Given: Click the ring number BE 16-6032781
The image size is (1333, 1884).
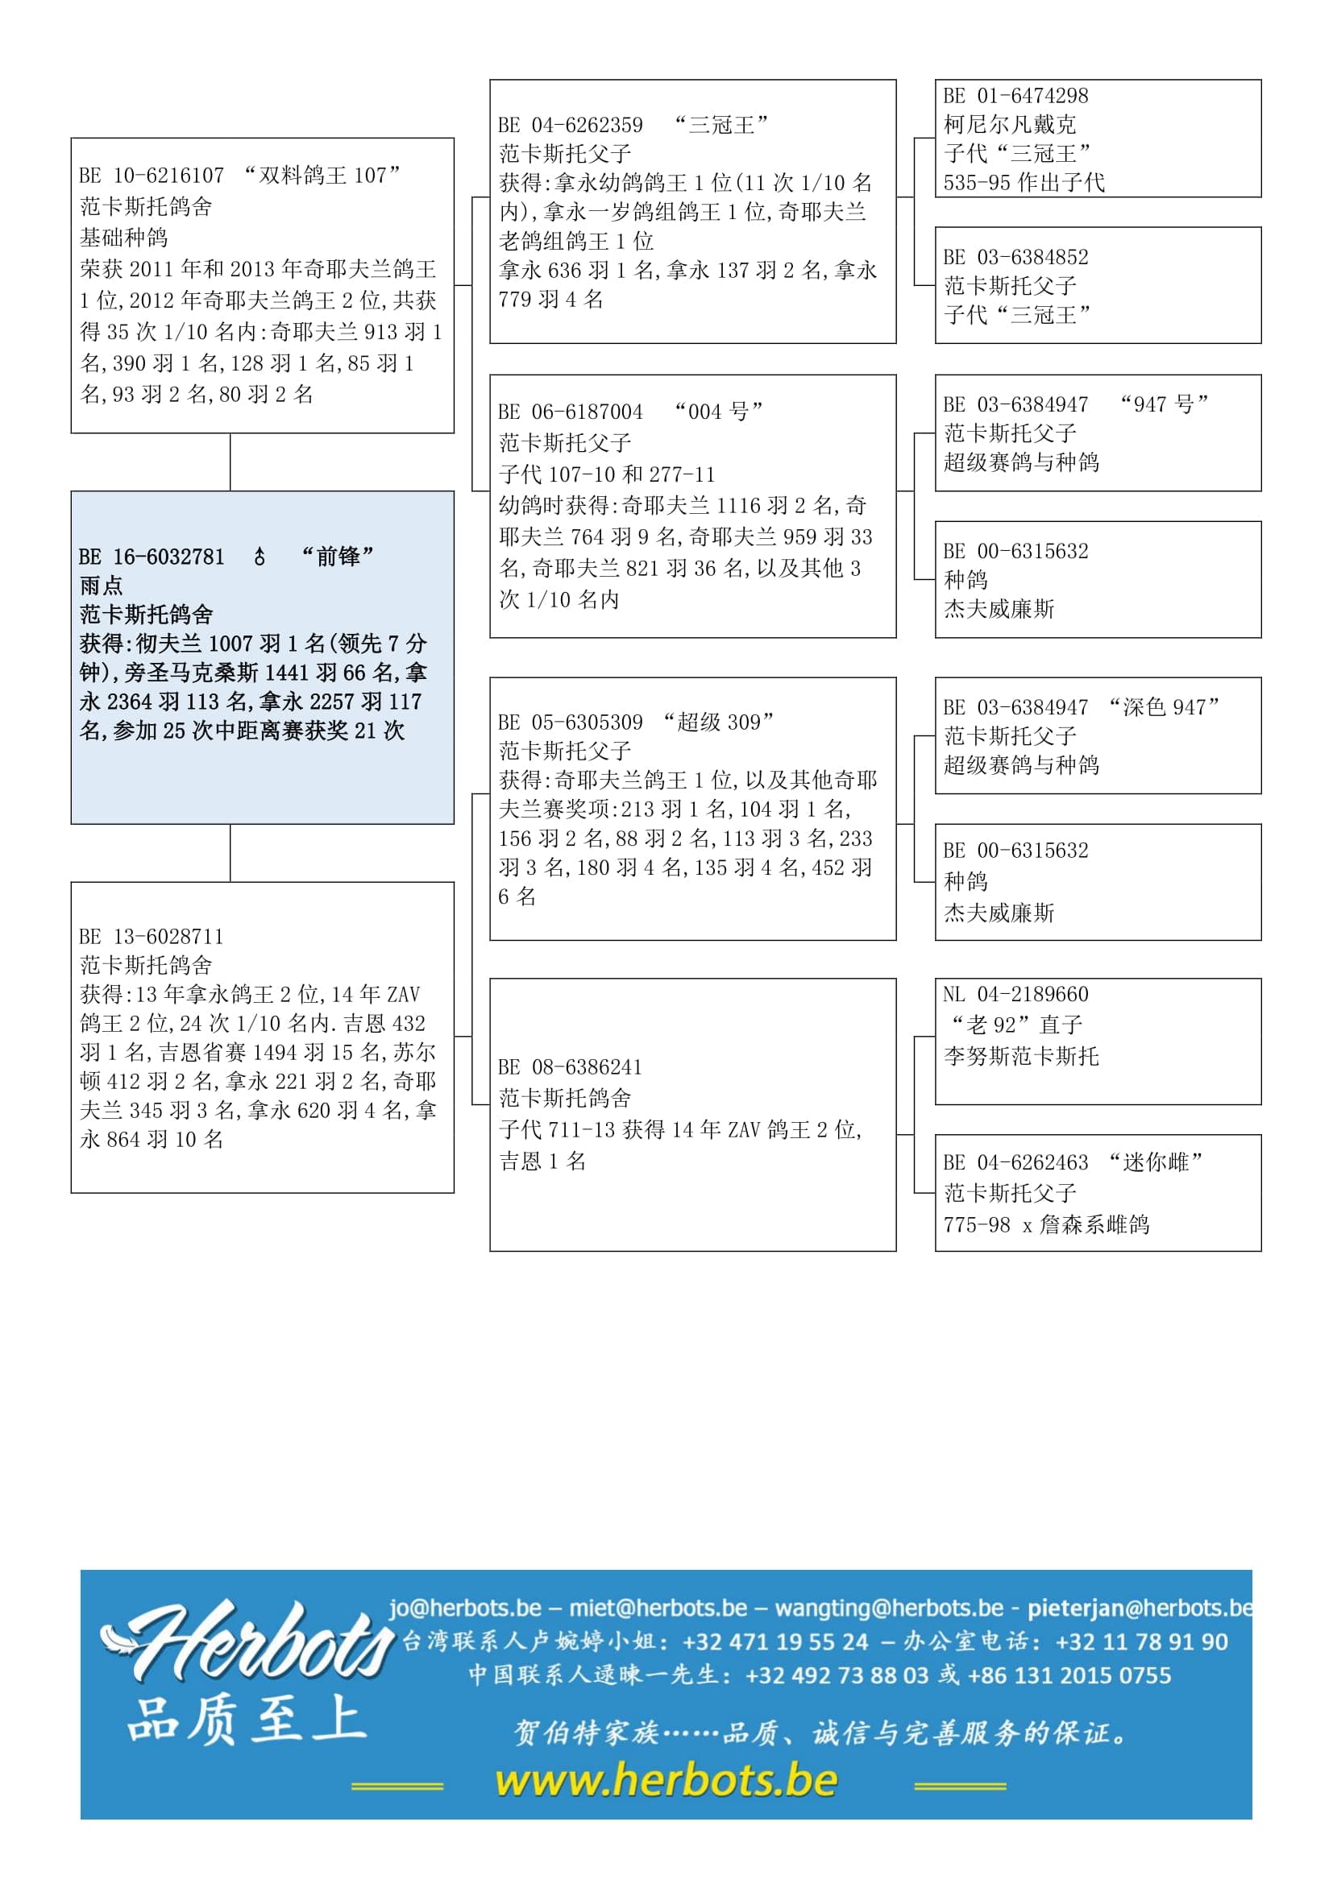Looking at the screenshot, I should tap(152, 557).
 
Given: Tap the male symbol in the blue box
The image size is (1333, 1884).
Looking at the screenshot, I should tap(260, 557).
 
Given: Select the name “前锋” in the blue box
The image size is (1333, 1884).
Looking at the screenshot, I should tap(338, 557).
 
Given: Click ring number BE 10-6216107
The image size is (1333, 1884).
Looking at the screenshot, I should tap(152, 176).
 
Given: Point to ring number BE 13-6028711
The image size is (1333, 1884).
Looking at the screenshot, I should tap(152, 936).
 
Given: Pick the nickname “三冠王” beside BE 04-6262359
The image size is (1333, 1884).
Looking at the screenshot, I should tap(720, 126).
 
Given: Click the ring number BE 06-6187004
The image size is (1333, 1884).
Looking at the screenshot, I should tap(571, 412).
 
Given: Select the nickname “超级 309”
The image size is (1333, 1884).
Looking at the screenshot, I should tap(718, 722).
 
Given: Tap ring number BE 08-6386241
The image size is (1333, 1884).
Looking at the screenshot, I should tap(571, 1066).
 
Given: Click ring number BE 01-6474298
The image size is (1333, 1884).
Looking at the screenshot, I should tap(1016, 96).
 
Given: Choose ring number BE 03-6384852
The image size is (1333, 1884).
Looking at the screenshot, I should tap(1016, 257).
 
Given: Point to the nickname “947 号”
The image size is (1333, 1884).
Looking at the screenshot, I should tap(1164, 404).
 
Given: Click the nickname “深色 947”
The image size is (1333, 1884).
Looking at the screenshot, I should tap(1163, 706).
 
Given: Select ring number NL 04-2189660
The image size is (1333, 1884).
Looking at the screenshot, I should tap(1016, 995).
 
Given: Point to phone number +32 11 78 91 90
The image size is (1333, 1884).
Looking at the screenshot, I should tap(1141, 1642).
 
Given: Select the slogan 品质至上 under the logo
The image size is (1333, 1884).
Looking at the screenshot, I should tap(247, 1719).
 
